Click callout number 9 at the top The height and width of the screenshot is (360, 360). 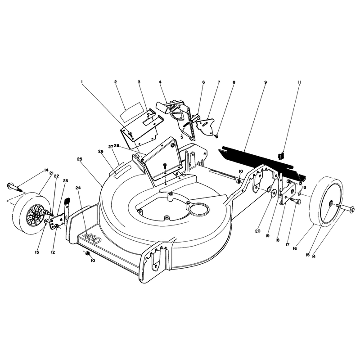pyautogui.click(x=265, y=82)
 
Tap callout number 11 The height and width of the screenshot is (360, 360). pyautogui.click(x=299, y=82)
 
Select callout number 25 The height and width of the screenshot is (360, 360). pyautogui.click(x=80, y=159)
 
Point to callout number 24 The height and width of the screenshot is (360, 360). pyautogui.click(x=78, y=188)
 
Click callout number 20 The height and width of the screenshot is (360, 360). pyautogui.click(x=257, y=231)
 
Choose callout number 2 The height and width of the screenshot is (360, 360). pyautogui.click(x=116, y=82)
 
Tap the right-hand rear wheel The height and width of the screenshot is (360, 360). pyautogui.click(x=327, y=202)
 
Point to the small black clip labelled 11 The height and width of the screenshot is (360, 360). pyautogui.click(x=281, y=156)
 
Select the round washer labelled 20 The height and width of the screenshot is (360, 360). pyautogui.click(x=274, y=193)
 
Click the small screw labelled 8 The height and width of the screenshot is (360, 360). pyautogui.click(x=216, y=136)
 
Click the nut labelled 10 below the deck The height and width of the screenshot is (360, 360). pyautogui.click(x=87, y=253)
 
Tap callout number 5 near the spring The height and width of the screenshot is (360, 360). pyautogui.click(x=182, y=137)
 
